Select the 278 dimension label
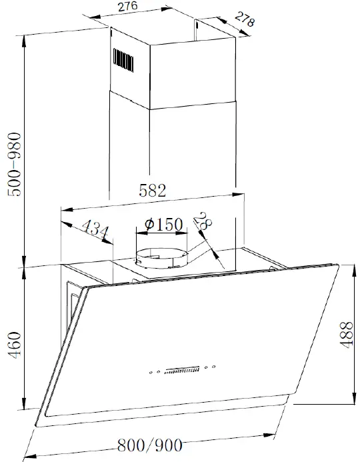coord(245,21)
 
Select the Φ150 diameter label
coord(163,225)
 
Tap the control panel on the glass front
coord(182,370)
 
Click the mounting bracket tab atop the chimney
coord(197,25)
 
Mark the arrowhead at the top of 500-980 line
coord(25,33)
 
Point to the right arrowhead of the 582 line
coord(239,195)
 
